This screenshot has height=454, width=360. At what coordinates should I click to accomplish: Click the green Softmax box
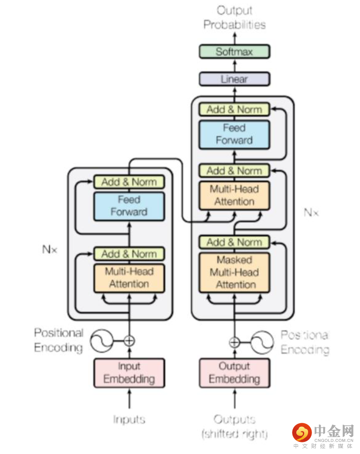(x=234, y=52)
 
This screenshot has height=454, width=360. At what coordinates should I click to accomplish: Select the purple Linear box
(x=234, y=79)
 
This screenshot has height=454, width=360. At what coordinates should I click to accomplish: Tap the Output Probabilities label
(x=234, y=18)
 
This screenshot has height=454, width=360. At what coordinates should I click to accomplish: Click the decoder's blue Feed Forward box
(x=234, y=134)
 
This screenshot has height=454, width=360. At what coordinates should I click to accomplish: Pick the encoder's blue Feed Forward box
(x=129, y=206)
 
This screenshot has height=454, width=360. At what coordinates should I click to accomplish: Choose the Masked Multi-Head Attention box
(x=234, y=272)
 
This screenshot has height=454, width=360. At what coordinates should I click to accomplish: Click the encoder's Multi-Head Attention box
(x=129, y=278)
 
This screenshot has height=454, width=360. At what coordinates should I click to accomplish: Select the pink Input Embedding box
(x=129, y=373)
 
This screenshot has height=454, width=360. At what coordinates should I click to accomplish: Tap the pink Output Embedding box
(x=234, y=373)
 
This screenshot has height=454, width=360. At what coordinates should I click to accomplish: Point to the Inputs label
(x=129, y=419)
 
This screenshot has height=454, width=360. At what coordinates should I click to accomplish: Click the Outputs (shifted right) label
(x=234, y=426)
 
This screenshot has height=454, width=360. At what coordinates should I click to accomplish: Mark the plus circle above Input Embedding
(x=129, y=341)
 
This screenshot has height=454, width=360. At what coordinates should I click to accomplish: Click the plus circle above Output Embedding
(x=234, y=342)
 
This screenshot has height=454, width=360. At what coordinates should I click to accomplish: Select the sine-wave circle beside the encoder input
(x=101, y=341)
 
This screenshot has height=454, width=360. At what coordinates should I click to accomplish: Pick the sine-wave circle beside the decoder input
(x=262, y=342)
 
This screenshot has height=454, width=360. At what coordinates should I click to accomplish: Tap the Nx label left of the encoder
(x=49, y=249)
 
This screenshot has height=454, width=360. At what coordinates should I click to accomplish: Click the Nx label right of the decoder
(x=311, y=213)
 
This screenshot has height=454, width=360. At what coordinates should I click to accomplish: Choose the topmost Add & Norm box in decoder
(x=234, y=109)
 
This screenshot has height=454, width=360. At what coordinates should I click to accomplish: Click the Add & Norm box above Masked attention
(x=234, y=242)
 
